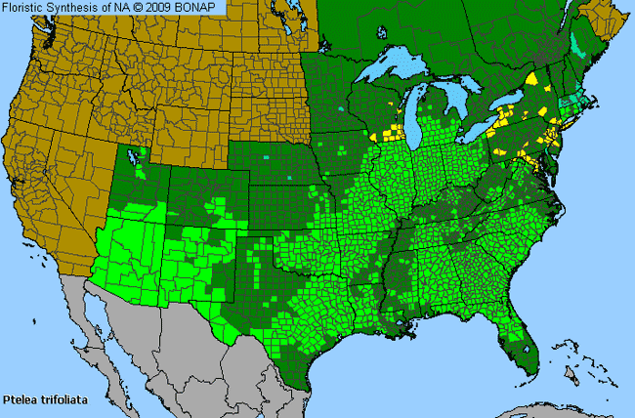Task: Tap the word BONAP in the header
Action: click(204, 7)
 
